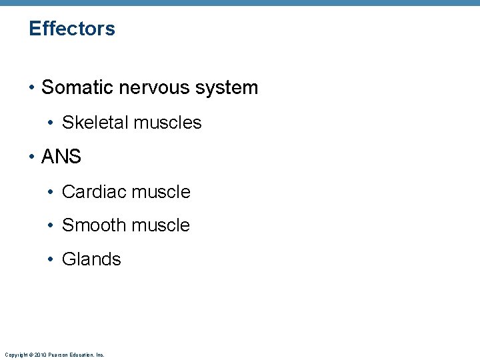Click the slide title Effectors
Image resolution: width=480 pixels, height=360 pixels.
(72, 29)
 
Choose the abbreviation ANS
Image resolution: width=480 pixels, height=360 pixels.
(61, 157)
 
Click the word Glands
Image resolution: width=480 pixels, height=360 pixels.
(91, 259)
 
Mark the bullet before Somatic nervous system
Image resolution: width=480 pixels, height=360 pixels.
(32, 88)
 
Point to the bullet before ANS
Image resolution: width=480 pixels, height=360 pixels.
(32, 157)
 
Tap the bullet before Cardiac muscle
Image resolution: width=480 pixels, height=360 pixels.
(52, 193)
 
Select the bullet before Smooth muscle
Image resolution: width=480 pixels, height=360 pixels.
(52, 226)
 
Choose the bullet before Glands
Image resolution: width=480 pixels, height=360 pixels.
(52, 260)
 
